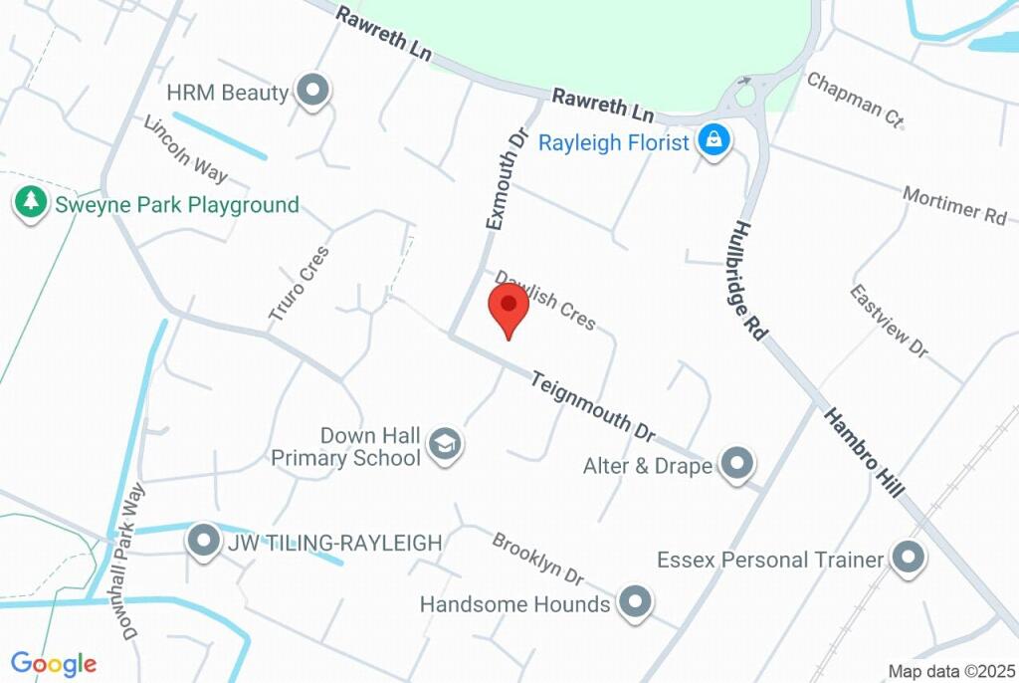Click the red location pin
pyautogui.click(x=509, y=308)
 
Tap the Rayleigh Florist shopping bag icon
pyautogui.click(x=713, y=140)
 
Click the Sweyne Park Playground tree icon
pyautogui.click(x=31, y=203)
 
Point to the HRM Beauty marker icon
pyautogui.click(x=314, y=91)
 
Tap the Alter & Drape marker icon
pyautogui.click(x=736, y=463)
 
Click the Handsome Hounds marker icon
pyautogui.click(x=634, y=601)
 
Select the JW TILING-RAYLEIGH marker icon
pyautogui.click(x=204, y=541)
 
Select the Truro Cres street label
pyautogui.click(x=298, y=284)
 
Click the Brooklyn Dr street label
pyautogui.click(x=537, y=559)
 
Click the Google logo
pyautogui.click(x=54, y=664)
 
